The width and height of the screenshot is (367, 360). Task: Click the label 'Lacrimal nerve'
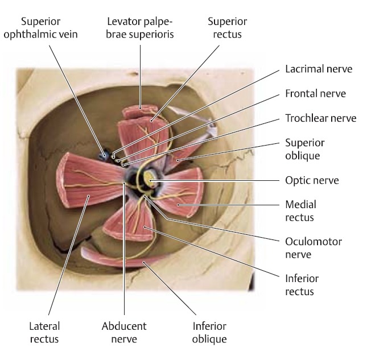(x=319, y=69)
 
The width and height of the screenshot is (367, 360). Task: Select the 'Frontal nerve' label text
(x=315, y=94)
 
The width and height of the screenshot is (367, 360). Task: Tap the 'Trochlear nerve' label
(x=320, y=118)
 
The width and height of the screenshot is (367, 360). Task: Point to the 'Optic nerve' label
(x=312, y=181)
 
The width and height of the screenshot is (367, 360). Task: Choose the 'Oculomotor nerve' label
(x=314, y=248)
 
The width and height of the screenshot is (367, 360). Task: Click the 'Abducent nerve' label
(x=124, y=333)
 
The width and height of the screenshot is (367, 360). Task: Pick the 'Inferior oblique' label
(x=209, y=333)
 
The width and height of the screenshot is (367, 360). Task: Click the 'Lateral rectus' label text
(x=44, y=333)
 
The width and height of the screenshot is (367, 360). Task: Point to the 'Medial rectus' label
(x=300, y=210)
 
